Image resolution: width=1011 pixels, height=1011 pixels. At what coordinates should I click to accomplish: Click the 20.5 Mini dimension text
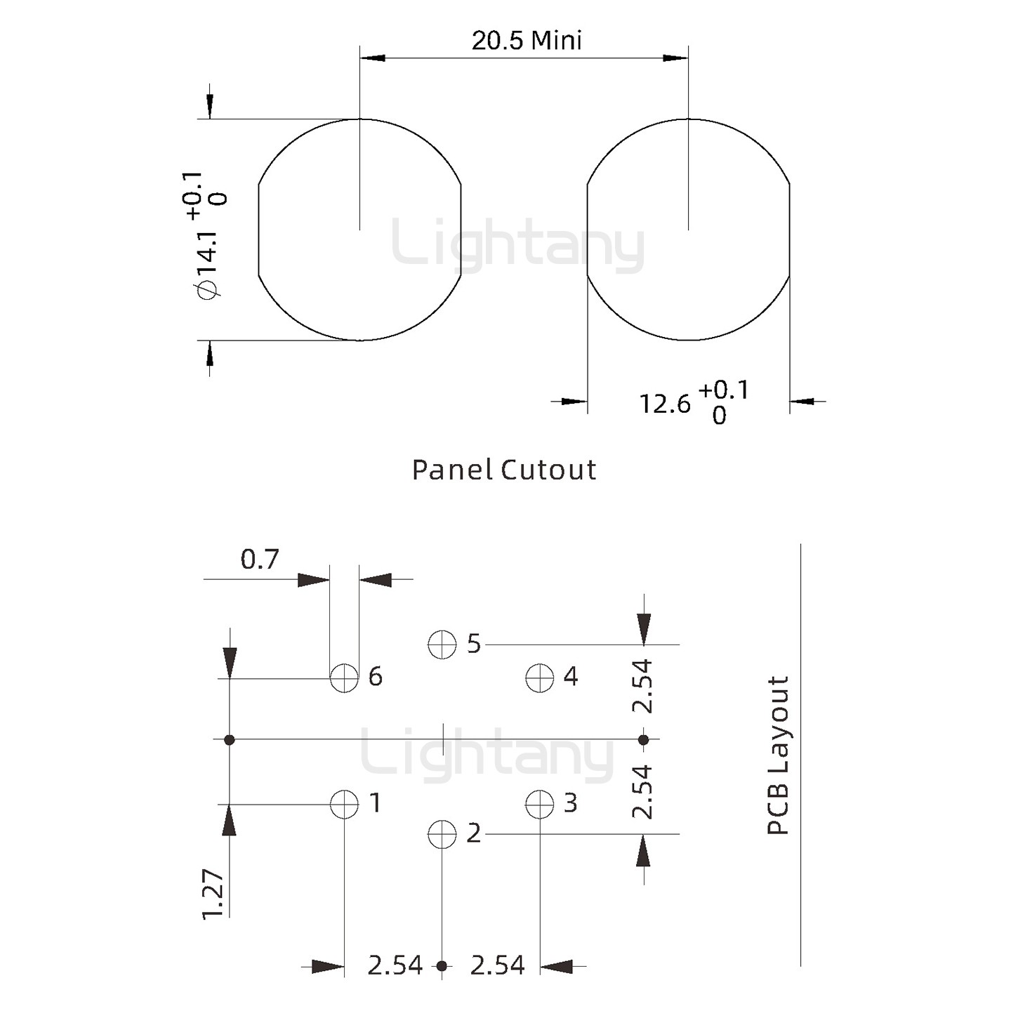pos(527,41)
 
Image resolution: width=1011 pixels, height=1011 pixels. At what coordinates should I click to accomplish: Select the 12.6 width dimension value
pos(664,404)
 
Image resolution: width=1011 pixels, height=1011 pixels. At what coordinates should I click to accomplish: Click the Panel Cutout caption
pos(503,470)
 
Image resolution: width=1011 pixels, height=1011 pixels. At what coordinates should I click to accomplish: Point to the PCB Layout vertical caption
pos(778,755)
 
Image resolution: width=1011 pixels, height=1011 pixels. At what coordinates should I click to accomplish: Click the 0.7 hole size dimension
pos(259,560)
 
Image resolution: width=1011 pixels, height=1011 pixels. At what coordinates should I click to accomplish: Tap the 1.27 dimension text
pos(213,894)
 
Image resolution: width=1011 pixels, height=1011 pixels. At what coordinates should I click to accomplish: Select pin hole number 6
pos(344,678)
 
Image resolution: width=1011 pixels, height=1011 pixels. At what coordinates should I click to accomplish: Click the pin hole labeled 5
pos(442,644)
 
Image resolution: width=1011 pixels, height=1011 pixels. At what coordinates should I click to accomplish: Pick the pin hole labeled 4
pos(539,678)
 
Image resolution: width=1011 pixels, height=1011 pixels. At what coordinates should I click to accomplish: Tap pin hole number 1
pos(344,804)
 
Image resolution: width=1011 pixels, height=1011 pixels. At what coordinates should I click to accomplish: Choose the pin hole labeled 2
pos(442,834)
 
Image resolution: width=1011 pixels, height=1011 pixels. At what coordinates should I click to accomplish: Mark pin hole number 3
pos(539,804)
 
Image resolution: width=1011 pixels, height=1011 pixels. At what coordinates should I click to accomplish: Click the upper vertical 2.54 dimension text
pos(642,686)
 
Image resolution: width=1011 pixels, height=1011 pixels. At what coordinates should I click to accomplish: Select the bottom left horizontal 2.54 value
pos(395,966)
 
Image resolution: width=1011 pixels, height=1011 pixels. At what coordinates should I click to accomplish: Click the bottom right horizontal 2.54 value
pos(497,966)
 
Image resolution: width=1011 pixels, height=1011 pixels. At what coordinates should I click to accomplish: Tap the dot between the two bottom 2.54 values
pos(442,966)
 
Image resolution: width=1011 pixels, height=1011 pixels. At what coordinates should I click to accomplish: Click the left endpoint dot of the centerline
pos(229,739)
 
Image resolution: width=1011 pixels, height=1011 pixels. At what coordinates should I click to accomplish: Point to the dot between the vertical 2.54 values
pos(643,739)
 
